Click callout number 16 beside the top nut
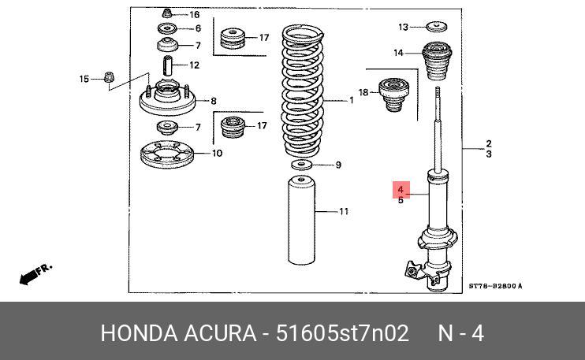(194, 15)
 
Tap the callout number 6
(198, 29)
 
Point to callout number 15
(84, 78)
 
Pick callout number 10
(218, 153)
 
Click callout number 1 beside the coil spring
(352, 101)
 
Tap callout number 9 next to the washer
(338, 165)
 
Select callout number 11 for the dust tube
(344, 211)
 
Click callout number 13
(403, 28)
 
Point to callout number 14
(399, 54)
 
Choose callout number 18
(363, 93)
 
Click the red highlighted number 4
(401, 190)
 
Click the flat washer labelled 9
(300, 165)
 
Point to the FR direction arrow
(35, 274)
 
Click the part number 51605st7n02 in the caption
(342, 334)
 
